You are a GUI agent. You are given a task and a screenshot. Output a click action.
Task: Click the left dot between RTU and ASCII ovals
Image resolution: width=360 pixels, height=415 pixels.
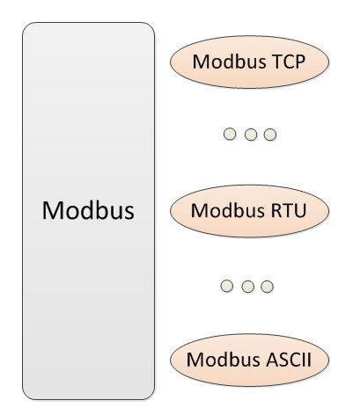[229, 287]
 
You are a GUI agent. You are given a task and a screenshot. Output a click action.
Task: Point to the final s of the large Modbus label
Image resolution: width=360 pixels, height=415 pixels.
[127, 214]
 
